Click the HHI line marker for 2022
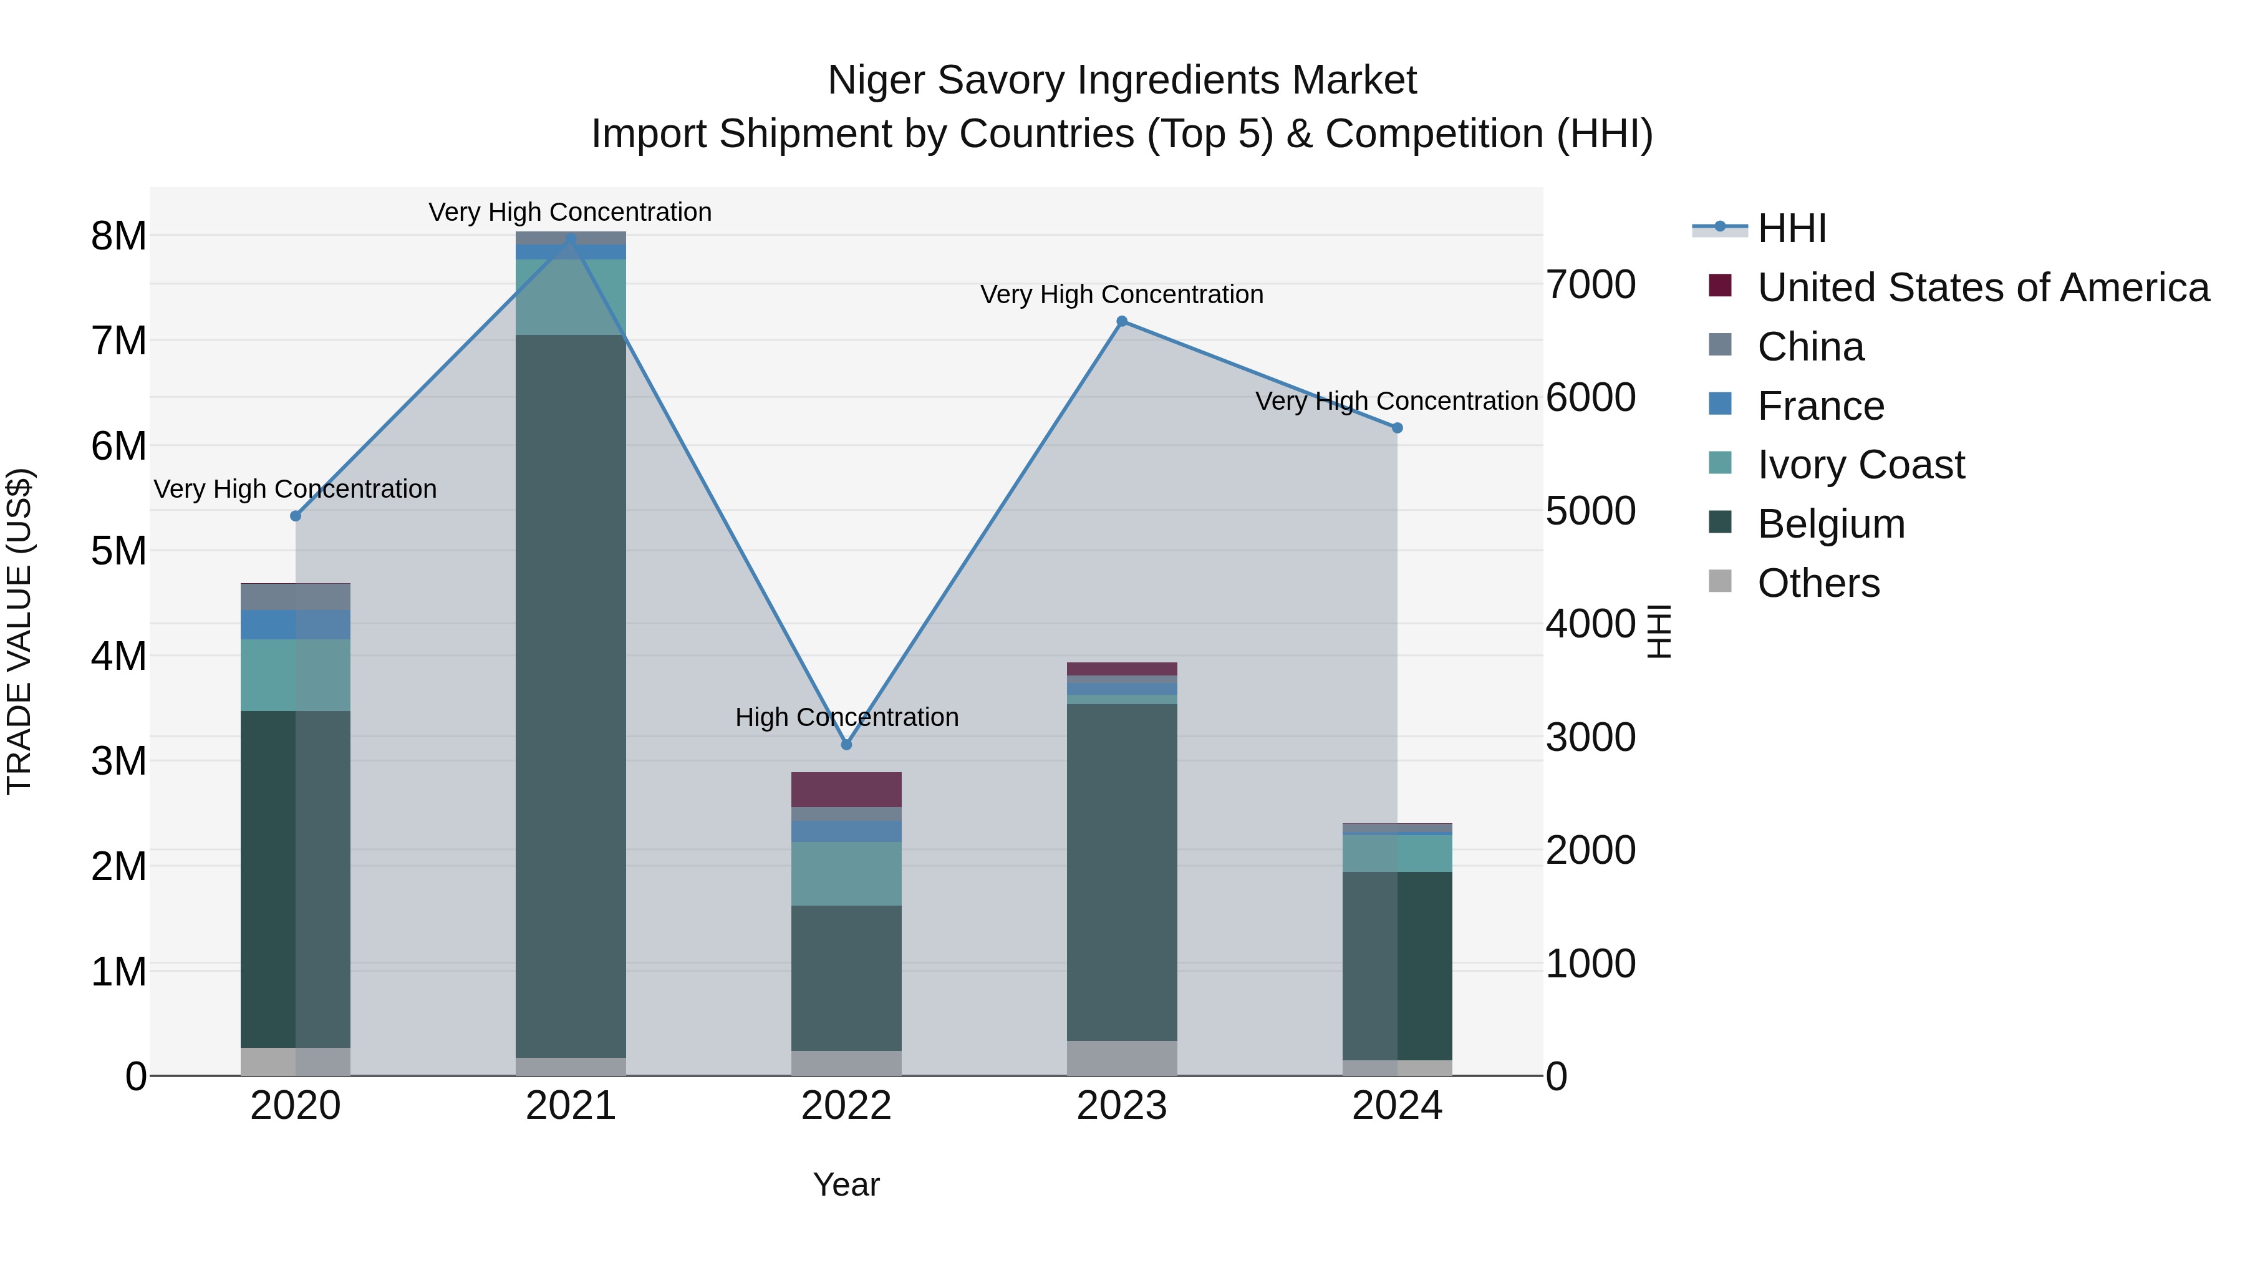click(846, 744)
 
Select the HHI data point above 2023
click(1122, 322)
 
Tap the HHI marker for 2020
click(296, 516)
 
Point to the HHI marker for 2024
click(1397, 428)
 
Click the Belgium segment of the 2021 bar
click(571, 697)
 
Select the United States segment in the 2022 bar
click(846, 790)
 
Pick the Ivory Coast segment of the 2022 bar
click(846, 873)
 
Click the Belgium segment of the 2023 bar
click(1122, 872)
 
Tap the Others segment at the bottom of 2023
click(1122, 1058)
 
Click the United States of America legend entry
click(1982, 288)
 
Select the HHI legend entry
click(1791, 228)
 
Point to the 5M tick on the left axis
click(119, 551)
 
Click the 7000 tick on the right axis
click(1590, 285)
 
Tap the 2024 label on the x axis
click(1397, 1106)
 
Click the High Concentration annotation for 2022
click(846, 717)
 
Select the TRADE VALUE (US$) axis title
click(19, 631)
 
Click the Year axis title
click(846, 1184)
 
